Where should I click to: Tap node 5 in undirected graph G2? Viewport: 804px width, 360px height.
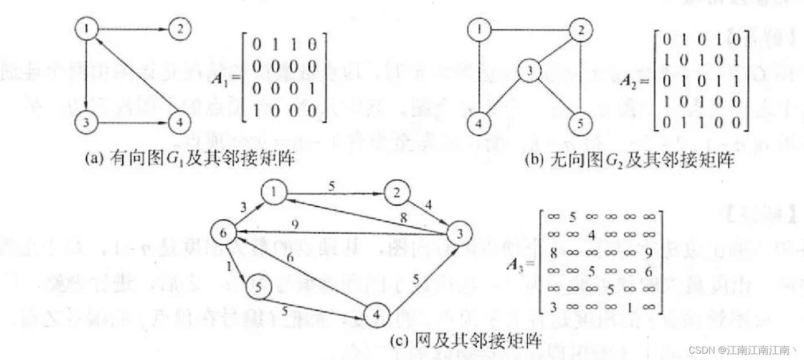(x=580, y=123)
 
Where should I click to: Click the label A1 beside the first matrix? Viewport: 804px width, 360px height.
(x=222, y=79)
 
